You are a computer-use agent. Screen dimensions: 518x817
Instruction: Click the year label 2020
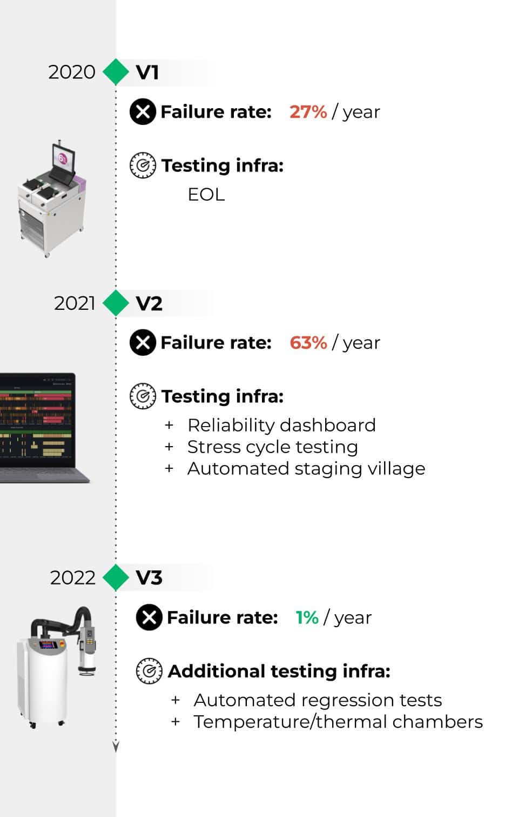72,72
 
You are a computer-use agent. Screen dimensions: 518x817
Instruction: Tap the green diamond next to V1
116,72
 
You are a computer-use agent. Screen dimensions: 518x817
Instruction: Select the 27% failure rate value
308,111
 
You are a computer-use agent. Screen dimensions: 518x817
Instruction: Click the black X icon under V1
143,111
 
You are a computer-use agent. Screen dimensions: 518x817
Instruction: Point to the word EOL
206,195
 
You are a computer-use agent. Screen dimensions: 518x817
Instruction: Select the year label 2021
75,303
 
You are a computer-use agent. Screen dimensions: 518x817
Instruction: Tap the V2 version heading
149,303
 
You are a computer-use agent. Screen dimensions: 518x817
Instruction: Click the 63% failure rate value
308,342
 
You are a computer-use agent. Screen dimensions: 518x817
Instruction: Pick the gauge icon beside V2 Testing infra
143,396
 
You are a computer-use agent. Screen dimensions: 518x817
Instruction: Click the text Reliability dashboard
281,426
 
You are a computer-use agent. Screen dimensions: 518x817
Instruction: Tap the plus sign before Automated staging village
169,469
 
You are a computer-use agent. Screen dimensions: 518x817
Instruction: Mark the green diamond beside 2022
116,577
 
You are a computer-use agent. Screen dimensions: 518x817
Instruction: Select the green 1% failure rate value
307,617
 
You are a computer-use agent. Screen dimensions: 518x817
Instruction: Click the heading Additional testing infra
279,671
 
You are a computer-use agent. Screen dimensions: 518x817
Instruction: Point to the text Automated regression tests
318,700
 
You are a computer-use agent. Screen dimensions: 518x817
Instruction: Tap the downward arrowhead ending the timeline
116,747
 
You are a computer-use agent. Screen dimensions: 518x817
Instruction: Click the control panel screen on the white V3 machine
48,645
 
